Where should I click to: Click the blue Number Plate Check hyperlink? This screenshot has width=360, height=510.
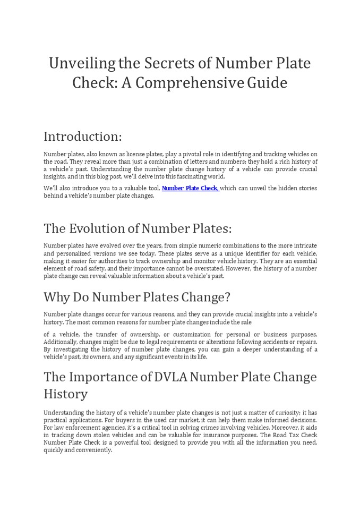point(190,188)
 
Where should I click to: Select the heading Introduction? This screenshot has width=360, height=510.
point(82,137)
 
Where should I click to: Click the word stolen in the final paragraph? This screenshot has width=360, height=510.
point(101,435)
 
